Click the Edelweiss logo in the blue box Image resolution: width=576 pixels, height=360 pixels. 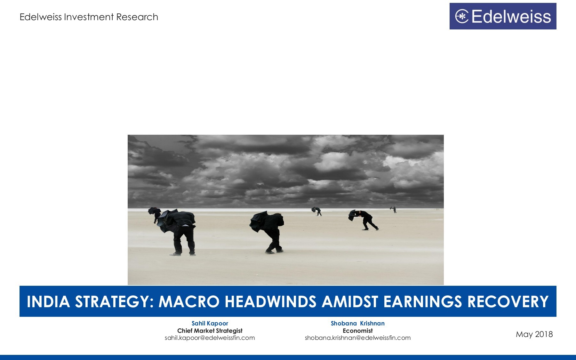pos(503,16)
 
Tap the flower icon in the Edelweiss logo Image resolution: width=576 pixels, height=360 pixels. pos(462,17)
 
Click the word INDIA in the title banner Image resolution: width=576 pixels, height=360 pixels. pos(48,301)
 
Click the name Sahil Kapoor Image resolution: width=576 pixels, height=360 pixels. pos(210,323)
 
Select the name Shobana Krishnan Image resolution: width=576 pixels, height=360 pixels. pos(357,323)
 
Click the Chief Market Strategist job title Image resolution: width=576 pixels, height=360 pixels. pos(210,331)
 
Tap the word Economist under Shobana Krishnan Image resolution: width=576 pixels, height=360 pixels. pos(357,331)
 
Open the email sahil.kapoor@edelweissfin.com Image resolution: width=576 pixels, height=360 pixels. pos(210,338)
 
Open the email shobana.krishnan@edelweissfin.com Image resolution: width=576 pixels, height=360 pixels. pos(357,338)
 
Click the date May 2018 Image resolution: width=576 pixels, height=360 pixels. pos(534,334)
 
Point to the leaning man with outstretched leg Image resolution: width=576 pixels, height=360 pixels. pos(366,220)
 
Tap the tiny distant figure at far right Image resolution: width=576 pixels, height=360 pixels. pos(394,210)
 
